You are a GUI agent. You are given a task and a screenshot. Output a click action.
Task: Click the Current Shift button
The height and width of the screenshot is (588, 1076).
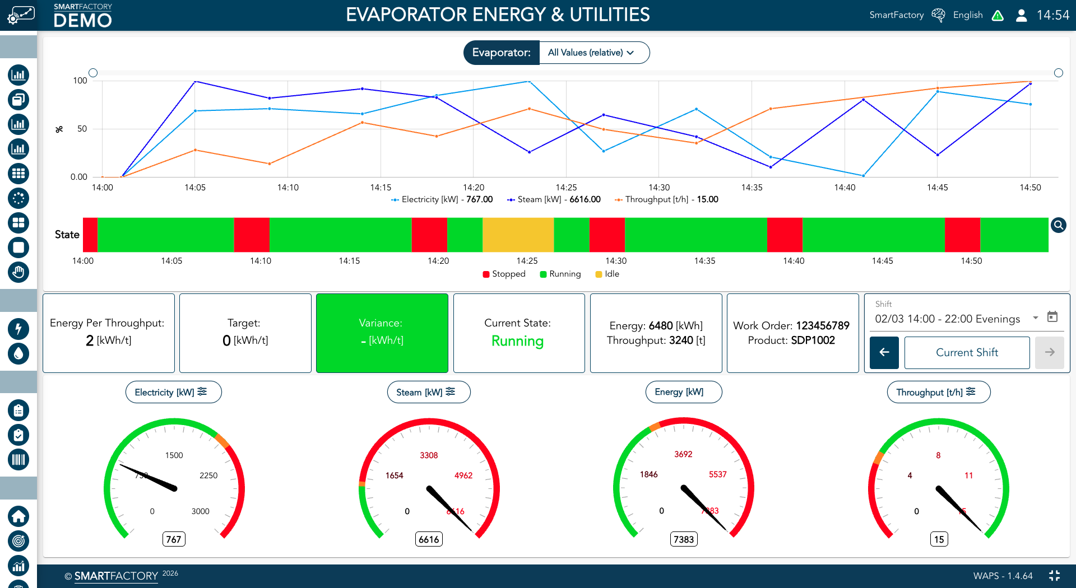967,353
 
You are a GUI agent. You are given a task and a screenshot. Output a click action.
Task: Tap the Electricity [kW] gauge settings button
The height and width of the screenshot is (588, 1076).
173,392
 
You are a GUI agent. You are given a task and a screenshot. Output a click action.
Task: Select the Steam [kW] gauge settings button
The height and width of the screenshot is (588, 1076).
428,392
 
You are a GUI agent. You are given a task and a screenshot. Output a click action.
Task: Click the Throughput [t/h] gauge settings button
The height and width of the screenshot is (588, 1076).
938,392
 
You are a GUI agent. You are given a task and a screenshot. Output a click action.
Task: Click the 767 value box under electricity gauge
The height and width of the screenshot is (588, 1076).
174,539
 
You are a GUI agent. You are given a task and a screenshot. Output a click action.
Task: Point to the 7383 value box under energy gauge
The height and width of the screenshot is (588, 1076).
684,539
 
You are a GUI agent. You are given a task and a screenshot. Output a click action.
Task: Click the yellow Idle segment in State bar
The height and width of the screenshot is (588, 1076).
518,235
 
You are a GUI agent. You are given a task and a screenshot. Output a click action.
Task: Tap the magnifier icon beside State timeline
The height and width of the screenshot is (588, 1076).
1058,225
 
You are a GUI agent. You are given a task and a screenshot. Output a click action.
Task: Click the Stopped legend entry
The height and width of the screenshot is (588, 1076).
504,274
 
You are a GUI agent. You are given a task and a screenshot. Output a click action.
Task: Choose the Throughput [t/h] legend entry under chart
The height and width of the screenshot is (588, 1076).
666,199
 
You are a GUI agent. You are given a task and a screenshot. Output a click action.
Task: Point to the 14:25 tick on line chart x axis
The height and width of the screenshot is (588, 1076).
566,188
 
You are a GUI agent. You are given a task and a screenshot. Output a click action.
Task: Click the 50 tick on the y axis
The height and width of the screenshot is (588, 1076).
82,129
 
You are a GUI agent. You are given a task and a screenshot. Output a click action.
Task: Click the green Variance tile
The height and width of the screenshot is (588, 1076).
382,333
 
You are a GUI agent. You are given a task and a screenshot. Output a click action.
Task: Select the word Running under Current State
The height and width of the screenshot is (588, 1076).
517,341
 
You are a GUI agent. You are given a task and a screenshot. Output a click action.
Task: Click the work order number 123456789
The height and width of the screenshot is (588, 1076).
822,326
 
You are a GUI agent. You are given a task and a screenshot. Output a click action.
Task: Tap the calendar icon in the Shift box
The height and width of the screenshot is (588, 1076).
1052,317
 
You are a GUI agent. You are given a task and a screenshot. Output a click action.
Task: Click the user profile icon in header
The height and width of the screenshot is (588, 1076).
1021,15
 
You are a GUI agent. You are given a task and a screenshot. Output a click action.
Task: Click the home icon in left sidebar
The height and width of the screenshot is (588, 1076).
18,516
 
